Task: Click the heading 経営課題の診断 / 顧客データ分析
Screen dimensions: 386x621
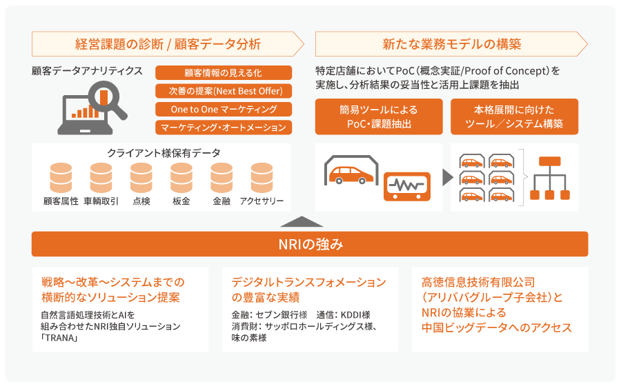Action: click(168, 45)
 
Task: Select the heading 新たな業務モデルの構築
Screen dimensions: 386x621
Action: click(452, 45)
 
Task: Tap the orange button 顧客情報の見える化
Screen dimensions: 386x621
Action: click(224, 72)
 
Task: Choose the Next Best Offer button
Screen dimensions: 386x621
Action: click(224, 91)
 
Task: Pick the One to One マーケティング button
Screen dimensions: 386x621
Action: click(224, 109)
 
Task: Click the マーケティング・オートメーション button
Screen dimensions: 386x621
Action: click(224, 128)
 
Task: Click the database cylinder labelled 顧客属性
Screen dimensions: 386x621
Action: click(61, 177)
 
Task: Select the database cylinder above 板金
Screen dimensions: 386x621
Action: click(181, 177)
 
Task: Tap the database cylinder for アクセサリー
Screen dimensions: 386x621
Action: click(262, 177)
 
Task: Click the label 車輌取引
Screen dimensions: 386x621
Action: click(101, 201)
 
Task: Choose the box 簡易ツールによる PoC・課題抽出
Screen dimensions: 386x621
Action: click(378, 116)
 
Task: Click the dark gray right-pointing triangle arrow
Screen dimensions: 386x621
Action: click(447, 177)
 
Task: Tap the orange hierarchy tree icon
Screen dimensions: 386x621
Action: click(550, 178)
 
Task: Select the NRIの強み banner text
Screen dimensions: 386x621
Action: click(310, 244)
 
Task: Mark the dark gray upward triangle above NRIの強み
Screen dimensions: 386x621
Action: click(302, 222)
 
